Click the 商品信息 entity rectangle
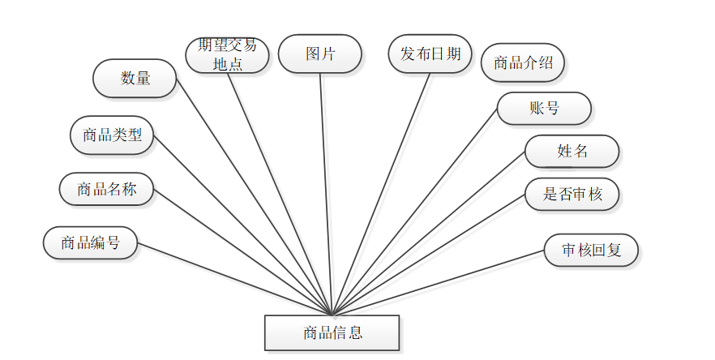pos(332,332)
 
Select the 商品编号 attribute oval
pos(90,242)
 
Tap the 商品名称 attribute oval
pos(106,189)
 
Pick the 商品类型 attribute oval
pos(112,135)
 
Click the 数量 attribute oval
pos(135,78)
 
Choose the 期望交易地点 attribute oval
pos(227,55)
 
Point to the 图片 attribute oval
pos(319,54)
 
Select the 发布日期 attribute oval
pos(430,54)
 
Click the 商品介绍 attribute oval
pos(522,62)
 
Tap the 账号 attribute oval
pos(543,108)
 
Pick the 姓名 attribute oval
pos(572,151)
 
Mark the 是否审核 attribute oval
pos(572,194)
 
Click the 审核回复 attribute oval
pos(591,250)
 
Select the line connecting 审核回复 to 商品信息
pos(438,282)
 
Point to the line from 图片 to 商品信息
pos(326,195)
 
